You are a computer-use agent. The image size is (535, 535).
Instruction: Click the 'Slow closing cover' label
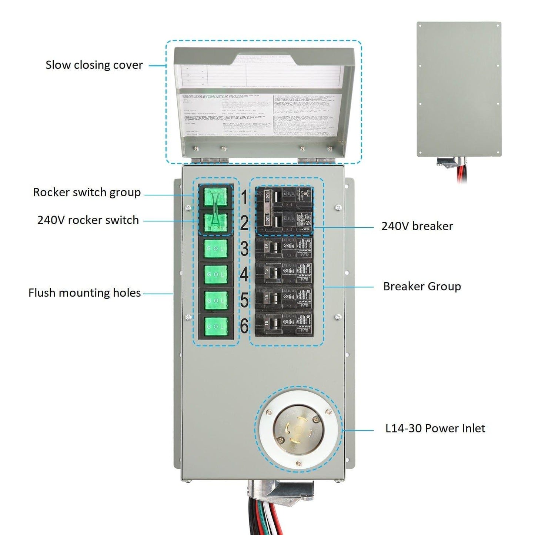[94, 65]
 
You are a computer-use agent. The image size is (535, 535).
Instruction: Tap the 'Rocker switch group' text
[87, 193]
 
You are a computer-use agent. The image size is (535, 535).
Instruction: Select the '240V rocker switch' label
[88, 220]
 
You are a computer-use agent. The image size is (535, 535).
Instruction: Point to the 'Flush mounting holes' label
[84, 293]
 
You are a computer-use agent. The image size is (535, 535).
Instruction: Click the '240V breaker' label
[417, 226]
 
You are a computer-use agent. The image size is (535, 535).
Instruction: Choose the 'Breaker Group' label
[422, 287]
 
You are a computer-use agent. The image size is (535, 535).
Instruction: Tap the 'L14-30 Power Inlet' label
[435, 428]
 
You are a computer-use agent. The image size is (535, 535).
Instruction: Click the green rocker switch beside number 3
[216, 248]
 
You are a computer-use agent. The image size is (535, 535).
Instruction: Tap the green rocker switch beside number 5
[216, 301]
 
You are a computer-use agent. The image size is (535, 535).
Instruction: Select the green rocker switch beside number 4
[216, 274]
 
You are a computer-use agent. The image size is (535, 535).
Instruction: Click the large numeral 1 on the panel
[244, 197]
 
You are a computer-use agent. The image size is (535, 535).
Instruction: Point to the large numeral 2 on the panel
[244, 223]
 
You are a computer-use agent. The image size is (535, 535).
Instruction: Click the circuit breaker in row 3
[284, 248]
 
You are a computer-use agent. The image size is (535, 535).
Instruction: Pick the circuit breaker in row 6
[284, 325]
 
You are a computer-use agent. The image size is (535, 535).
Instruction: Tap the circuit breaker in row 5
[284, 299]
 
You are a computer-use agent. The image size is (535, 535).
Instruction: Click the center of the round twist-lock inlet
[299, 431]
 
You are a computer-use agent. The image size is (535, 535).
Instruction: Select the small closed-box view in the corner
[459, 89]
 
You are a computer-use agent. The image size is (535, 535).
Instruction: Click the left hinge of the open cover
[210, 160]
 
